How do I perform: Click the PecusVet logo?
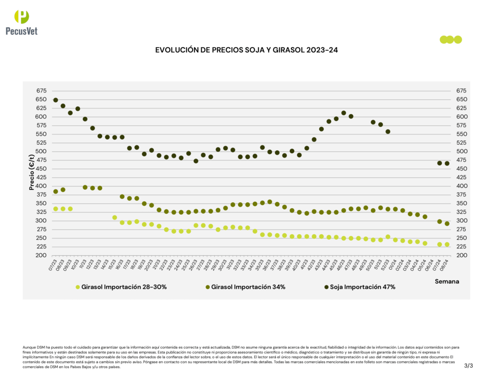(22, 22)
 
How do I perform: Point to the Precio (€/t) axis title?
(32, 172)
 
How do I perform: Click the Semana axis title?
(447, 280)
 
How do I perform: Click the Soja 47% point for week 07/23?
(55, 100)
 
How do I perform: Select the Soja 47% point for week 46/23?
(344, 113)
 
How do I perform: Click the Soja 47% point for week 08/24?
(447, 163)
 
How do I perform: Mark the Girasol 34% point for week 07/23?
(55, 191)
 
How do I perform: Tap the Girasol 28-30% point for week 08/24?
(447, 244)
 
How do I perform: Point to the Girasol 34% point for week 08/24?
(447, 223)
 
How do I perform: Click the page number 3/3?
(468, 366)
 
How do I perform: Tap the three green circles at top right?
(451, 39)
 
